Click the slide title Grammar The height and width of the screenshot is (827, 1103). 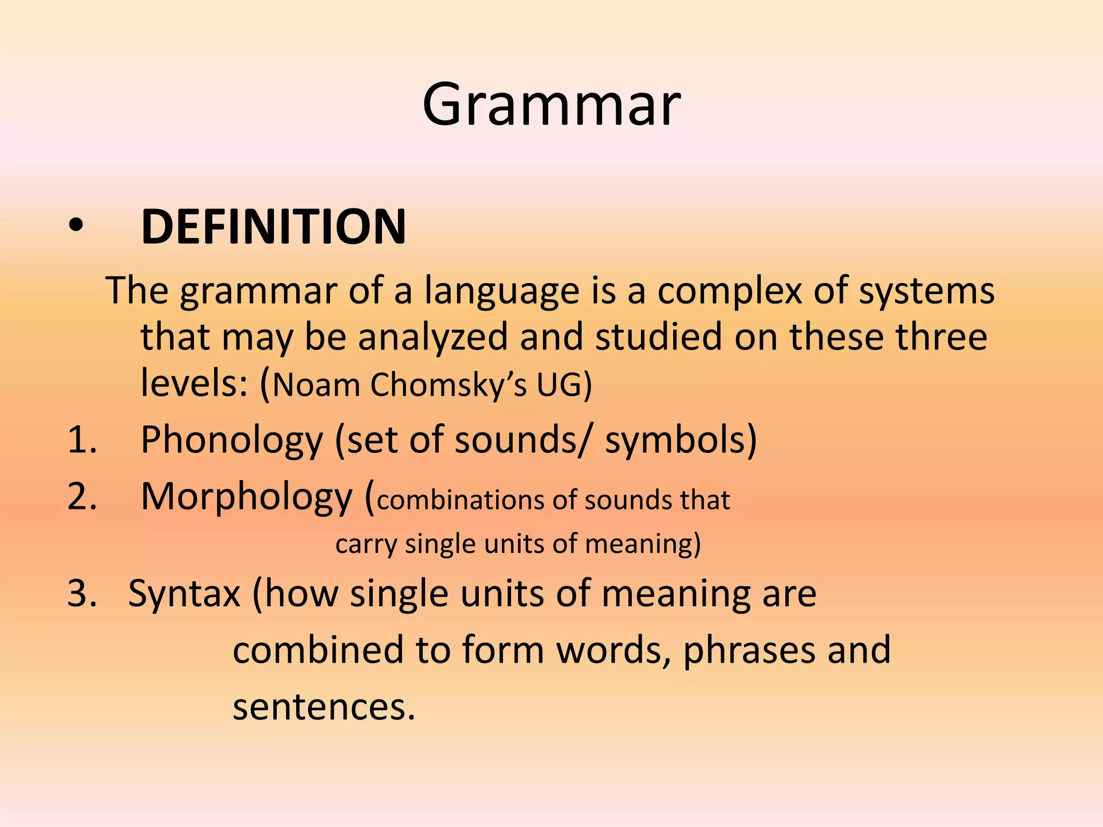(551, 105)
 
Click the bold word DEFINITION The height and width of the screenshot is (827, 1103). (273, 227)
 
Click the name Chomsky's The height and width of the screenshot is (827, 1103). (449, 386)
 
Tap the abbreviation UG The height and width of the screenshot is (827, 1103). (563, 384)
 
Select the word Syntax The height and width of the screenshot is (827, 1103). (184, 594)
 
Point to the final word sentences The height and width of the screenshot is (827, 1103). (323, 707)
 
